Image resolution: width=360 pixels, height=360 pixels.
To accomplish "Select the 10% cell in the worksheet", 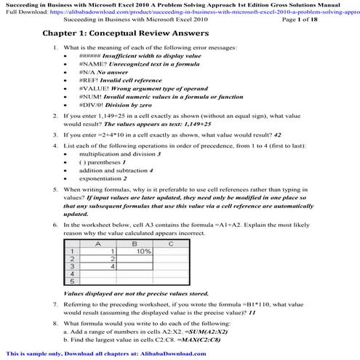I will click(144, 251).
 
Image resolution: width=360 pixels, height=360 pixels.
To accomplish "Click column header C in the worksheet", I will click(169, 244).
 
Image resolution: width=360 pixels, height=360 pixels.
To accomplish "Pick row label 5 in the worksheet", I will click(72, 281).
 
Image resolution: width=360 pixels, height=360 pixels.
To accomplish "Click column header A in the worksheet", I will click(99, 244).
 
